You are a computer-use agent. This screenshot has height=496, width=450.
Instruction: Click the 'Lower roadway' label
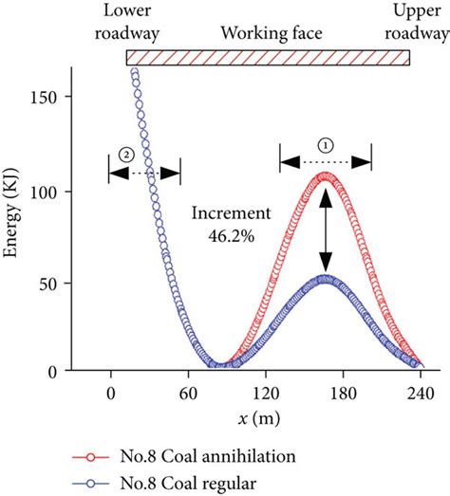pos(127,23)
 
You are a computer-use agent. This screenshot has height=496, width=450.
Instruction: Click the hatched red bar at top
pos(268,58)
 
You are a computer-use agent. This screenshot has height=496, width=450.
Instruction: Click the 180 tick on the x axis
pos(344,386)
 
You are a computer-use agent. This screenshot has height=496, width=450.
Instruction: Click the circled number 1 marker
pos(326,146)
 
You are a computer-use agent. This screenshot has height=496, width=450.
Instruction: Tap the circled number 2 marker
pos(124,154)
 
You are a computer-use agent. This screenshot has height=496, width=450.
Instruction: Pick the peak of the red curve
pos(326,175)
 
